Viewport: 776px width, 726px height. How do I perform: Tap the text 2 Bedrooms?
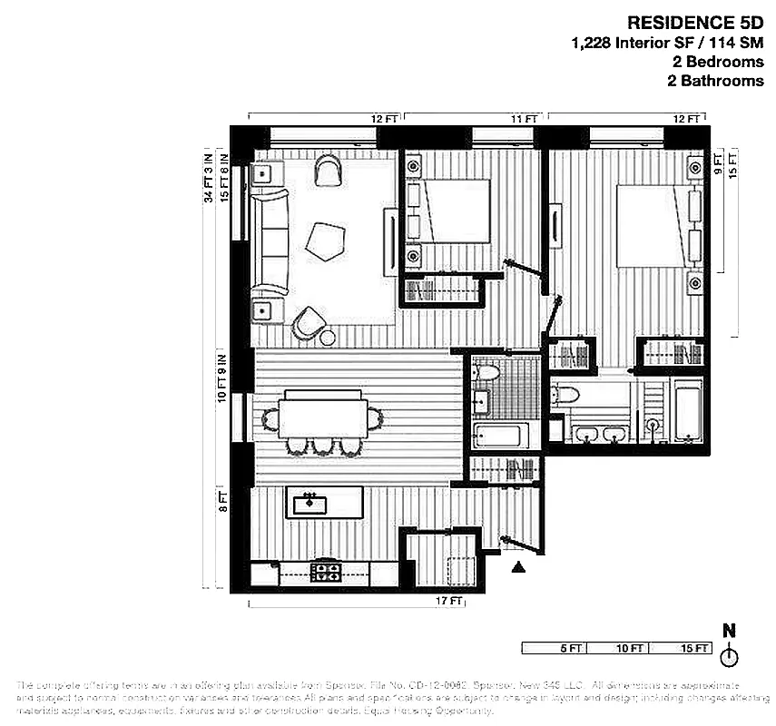click(716, 62)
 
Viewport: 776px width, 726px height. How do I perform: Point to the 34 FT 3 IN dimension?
click(208, 177)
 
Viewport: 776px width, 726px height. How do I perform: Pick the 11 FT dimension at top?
click(524, 118)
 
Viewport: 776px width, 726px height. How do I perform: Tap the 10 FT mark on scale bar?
click(629, 648)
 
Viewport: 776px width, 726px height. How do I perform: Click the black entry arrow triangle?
click(518, 568)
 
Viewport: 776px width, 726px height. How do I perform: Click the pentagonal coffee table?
click(325, 241)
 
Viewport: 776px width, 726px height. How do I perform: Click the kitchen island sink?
click(310, 501)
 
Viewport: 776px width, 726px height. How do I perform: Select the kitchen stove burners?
click(326, 573)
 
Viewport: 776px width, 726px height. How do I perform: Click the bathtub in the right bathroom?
click(687, 413)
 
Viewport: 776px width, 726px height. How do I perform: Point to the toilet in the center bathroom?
click(488, 372)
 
